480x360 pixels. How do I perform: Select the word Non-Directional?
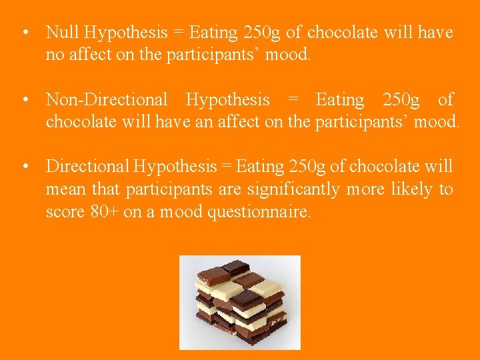pos(106,100)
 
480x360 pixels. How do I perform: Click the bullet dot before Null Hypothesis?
pos(24,33)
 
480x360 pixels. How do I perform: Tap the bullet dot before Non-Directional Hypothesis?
pos(24,101)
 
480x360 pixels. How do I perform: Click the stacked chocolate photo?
pos(240,301)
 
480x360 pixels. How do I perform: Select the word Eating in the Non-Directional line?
pos(339,100)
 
